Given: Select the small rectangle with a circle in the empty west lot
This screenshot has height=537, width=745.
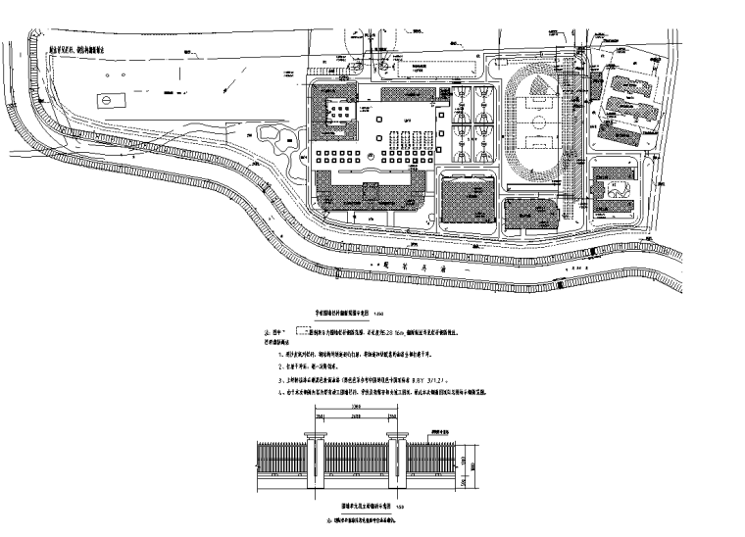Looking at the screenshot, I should click(106, 101).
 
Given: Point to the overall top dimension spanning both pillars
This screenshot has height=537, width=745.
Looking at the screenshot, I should click(359, 416).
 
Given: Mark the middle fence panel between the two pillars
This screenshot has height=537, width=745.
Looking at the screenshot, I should click(359, 463).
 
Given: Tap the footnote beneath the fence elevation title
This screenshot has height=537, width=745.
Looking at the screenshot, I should click(354, 522).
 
